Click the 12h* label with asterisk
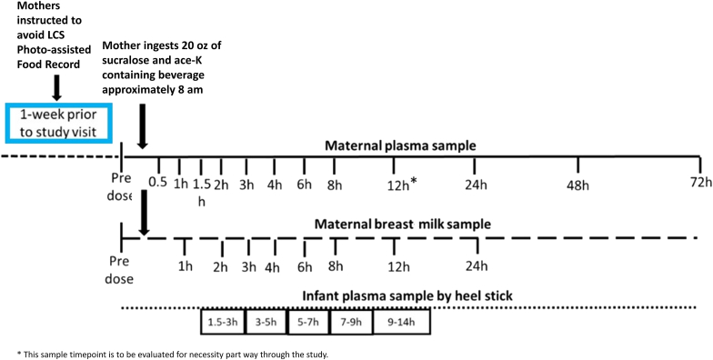click(x=397, y=185)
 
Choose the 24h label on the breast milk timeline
click(x=476, y=266)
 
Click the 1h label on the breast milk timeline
click(x=185, y=266)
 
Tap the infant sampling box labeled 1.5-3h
click(x=222, y=321)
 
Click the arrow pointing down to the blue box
click(x=55, y=88)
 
